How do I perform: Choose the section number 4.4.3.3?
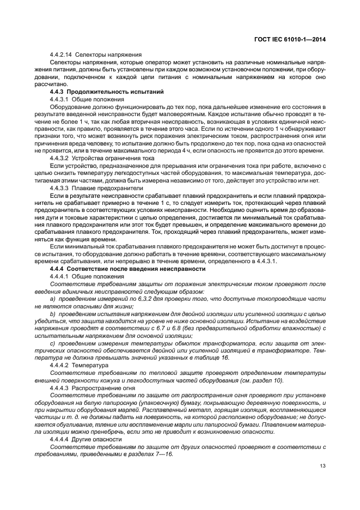pyautogui.click(x=59, y=187)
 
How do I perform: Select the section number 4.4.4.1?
pyautogui.click(x=59, y=277)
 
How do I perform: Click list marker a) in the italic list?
pyautogui.click(x=53, y=300)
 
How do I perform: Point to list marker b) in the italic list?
pyautogui.click(x=53, y=315)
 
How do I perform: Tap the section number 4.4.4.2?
pyautogui.click(x=59, y=365)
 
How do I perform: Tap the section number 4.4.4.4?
pyautogui.click(x=59, y=439)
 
